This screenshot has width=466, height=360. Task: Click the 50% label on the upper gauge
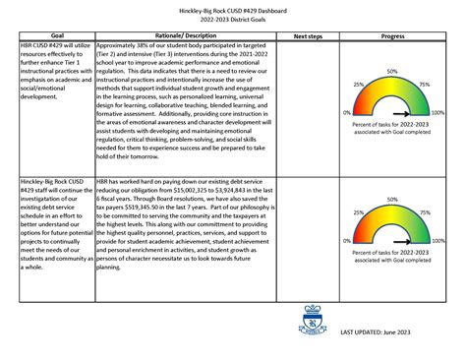click(391, 73)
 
